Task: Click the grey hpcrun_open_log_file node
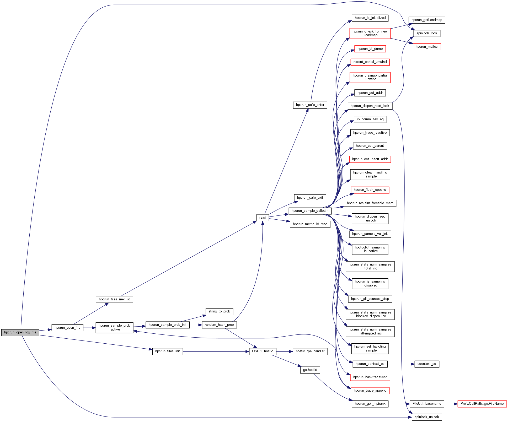[20, 332]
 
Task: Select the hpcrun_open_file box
[67, 328]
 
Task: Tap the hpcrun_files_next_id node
[114, 299]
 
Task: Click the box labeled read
[263, 218]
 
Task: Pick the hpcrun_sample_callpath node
[310, 211]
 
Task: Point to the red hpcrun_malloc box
[426, 47]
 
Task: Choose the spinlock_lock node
[426, 33]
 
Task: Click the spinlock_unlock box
[426, 417]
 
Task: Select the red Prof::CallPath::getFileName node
[482, 404]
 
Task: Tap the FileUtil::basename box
[427, 404]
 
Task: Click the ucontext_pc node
[426, 364]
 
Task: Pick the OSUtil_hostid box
[263, 351]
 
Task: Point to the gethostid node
[310, 370]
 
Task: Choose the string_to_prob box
[219, 311]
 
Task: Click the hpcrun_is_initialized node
[370, 18]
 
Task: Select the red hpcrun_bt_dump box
[370, 49]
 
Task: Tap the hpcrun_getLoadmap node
[426, 20]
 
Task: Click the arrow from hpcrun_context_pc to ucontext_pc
[401, 364]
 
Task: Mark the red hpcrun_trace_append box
[370, 391]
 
